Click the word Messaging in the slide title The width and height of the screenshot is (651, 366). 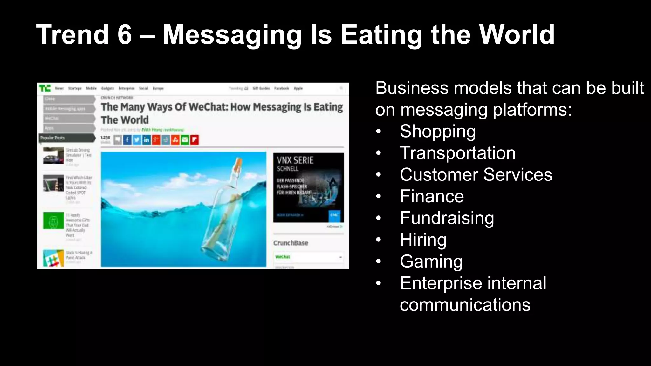coord(232,35)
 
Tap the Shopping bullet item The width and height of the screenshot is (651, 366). coord(438,132)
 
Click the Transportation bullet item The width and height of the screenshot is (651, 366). coord(457,153)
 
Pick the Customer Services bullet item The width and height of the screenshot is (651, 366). coord(476,175)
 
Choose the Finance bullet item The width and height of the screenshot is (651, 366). coord(432,196)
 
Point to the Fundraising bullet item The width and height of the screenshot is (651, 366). coord(447,218)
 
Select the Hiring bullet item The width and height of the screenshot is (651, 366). coord(423,240)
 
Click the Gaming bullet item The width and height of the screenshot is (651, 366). coord(431,261)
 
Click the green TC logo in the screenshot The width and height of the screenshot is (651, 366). coord(45,88)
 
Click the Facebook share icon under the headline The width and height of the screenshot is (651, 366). coord(127,140)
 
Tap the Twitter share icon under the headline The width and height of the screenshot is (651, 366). coord(137,140)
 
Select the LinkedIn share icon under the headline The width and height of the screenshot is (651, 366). coord(146,140)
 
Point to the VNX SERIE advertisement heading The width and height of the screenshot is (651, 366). coord(295,160)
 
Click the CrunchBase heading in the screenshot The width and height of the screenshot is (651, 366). coord(291,243)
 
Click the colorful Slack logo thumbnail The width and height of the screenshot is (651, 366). coord(53,258)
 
